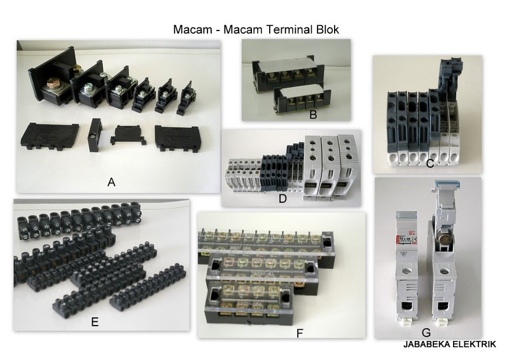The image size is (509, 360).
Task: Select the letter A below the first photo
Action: (x=111, y=183)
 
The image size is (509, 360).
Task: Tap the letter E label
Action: (x=94, y=322)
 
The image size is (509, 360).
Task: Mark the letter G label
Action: (x=426, y=333)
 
